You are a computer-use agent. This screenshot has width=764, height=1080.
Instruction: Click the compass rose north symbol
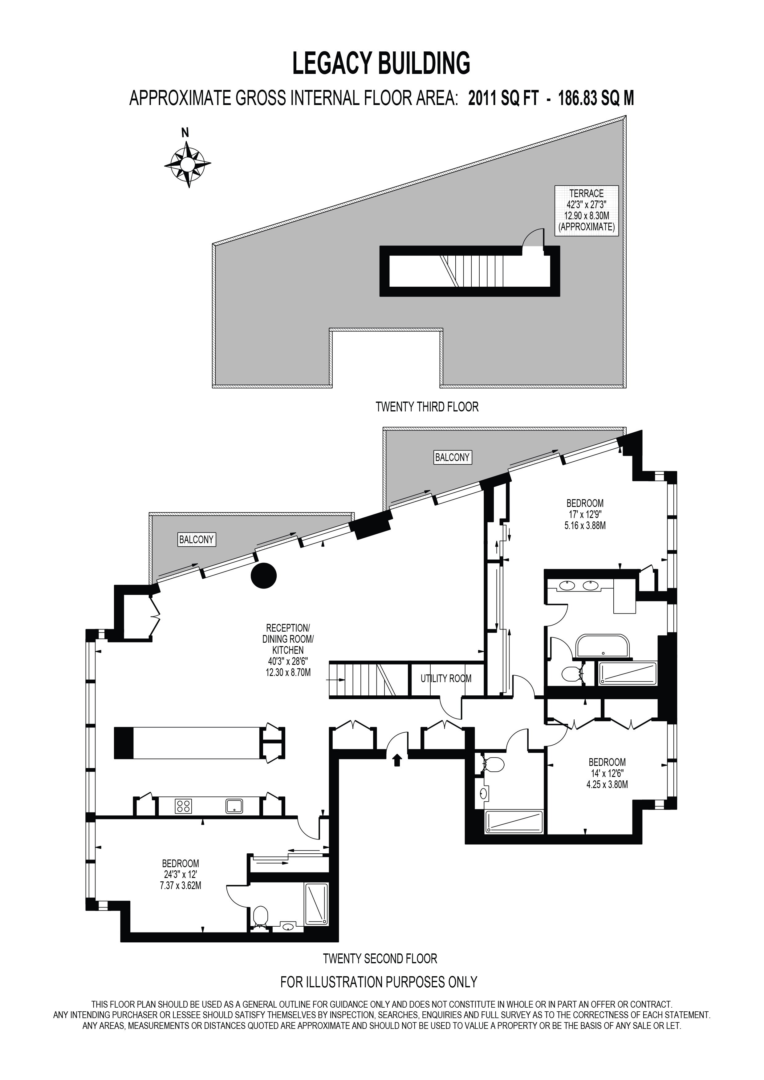click(187, 159)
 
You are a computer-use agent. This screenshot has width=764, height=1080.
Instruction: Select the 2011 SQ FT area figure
click(503, 99)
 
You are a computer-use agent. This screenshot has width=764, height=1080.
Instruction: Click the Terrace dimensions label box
click(586, 211)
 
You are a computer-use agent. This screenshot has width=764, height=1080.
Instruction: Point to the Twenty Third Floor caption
click(427, 407)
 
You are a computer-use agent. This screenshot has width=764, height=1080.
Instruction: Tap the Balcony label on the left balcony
click(197, 540)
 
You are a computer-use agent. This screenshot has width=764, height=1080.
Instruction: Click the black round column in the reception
click(263, 575)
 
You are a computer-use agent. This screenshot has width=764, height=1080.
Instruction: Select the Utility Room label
click(446, 678)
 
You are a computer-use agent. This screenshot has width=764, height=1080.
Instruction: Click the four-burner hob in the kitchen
click(184, 806)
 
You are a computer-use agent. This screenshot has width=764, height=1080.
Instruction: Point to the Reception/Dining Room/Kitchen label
click(288, 650)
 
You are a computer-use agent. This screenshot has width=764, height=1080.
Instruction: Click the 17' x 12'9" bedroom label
click(585, 514)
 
